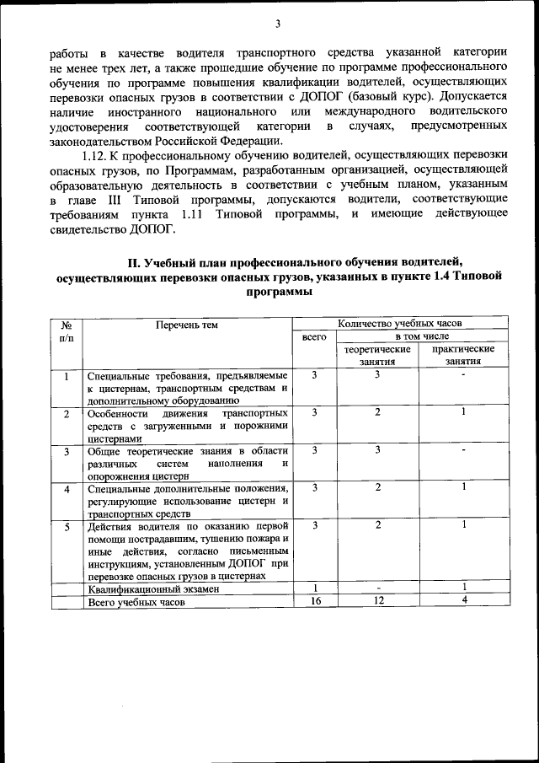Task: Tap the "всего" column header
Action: [x=313, y=336]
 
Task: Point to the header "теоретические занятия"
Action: [x=378, y=355]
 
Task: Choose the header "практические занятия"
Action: [x=463, y=355]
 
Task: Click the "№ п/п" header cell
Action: [x=67, y=330]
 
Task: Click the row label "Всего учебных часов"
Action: [x=135, y=602]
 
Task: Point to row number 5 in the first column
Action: [x=67, y=526]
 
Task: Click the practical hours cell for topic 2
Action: [x=463, y=412]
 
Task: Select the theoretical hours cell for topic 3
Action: [x=378, y=450]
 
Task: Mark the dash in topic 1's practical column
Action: [x=463, y=374]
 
